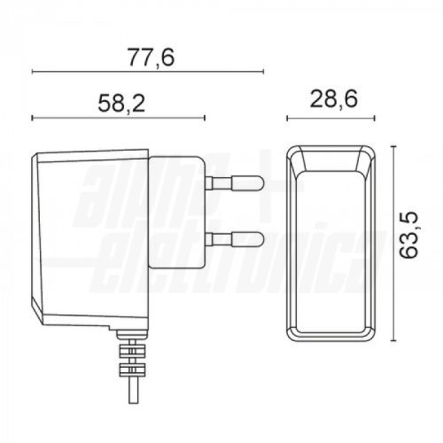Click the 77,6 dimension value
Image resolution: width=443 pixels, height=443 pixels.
point(152,58)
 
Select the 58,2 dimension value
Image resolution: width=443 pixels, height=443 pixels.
point(121,104)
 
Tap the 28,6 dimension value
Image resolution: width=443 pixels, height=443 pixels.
point(334,99)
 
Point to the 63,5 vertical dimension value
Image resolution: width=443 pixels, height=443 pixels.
point(408,236)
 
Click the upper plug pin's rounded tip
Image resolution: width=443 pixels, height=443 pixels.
point(260,183)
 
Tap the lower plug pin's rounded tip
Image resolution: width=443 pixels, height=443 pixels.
point(260,239)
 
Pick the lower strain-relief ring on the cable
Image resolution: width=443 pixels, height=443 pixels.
point(133,370)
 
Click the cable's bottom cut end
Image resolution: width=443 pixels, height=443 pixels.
point(133,403)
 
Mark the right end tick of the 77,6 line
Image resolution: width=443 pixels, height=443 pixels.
point(263,71)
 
